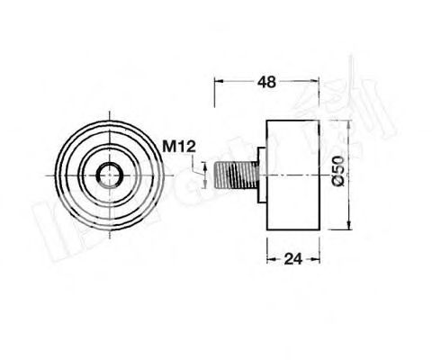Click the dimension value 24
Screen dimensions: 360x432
coord(292,257)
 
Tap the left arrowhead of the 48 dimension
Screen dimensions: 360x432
coord(218,81)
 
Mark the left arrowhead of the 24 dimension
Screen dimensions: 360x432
coord(270,257)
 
